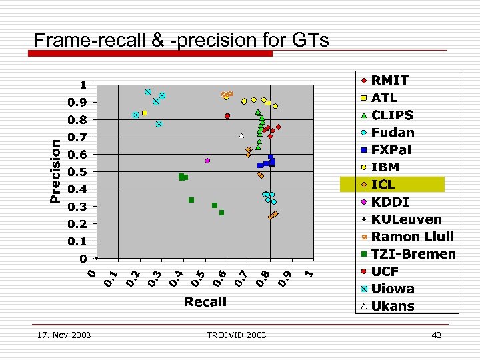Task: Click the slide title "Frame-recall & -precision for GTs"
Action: tap(181, 40)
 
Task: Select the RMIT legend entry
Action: tap(390, 80)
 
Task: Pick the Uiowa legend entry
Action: tap(393, 289)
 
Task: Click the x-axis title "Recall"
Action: tap(205, 302)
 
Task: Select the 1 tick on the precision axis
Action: tap(83, 85)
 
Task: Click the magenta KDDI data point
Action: tap(207, 161)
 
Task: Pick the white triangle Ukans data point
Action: tap(241, 136)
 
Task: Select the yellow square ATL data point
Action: tap(144, 113)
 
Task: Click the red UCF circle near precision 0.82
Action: tap(227, 116)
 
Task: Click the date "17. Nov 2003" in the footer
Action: tap(65, 335)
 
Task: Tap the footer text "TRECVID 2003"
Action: tap(237, 335)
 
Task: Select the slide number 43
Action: tap(437, 335)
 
